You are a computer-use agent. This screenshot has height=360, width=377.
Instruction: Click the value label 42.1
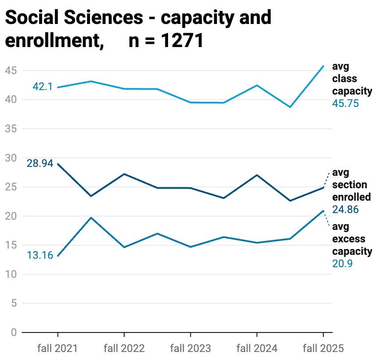coord(43,87)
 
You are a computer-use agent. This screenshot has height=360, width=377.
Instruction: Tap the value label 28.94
coord(40,163)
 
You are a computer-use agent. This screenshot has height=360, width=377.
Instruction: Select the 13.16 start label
coord(40,255)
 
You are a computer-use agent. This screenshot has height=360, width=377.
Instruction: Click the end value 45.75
coord(345,103)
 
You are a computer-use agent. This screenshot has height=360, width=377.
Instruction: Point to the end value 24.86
coord(345,210)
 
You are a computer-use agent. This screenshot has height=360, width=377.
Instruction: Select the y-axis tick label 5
coord(14,304)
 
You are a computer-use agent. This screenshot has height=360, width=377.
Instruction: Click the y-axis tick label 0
coord(14,332)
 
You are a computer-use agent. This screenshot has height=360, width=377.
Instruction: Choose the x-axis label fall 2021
coord(58,348)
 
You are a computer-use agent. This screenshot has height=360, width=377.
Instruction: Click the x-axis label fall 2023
coord(190,348)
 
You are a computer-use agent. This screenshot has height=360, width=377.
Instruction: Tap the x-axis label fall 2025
coord(323,348)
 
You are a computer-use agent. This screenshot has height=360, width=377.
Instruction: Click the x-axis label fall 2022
coord(124,348)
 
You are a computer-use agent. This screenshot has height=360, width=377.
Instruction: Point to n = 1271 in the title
coord(166,41)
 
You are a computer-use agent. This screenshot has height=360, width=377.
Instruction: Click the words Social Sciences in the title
coord(74,18)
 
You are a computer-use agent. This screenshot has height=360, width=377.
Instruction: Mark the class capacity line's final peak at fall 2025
coord(323,66)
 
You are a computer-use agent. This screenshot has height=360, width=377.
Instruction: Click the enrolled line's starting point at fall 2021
coord(58,164)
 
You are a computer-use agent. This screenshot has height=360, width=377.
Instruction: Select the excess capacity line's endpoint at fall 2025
coord(323,211)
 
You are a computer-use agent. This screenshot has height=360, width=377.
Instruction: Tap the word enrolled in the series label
coord(352,197)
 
